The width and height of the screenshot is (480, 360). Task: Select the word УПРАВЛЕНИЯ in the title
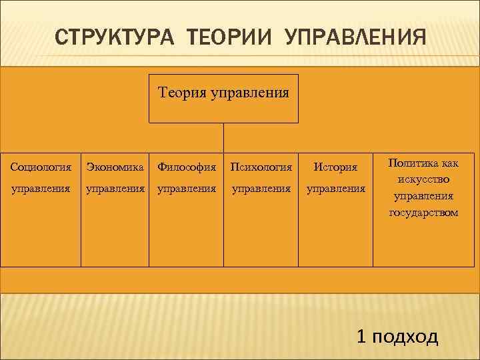click(x=355, y=36)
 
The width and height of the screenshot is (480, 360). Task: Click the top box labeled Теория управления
click(x=223, y=99)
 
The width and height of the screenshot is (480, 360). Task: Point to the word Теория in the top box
click(x=182, y=91)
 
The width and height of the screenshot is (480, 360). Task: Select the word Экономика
click(x=115, y=166)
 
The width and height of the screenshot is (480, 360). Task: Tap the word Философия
click(x=187, y=166)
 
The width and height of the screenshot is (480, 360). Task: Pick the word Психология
click(x=261, y=166)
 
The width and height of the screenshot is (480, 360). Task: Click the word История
click(x=335, y=167)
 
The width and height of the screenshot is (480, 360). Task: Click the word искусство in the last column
click(x=425, y=179)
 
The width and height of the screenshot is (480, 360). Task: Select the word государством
click(x=425, y=213)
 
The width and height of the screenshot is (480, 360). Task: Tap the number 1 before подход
click(x=362, y=337)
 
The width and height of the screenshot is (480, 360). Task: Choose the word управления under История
click(x=335, y=189)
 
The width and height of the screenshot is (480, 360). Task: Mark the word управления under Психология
click(x=261, y=189)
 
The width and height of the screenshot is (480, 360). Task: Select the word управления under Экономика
click(x=115, y=189)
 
